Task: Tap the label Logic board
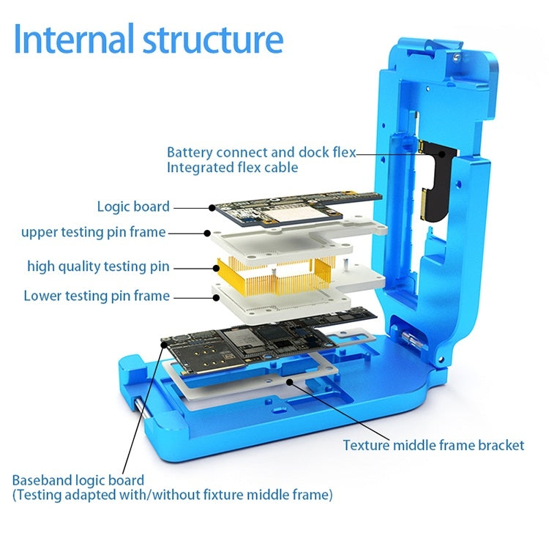133,207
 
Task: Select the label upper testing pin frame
93,233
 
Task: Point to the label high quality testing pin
98,266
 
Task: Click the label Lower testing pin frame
97,296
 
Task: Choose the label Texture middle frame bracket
433,445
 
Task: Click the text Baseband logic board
78,480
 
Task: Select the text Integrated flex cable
233,168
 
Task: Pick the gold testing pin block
264,274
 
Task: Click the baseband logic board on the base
242,344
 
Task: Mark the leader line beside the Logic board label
193,208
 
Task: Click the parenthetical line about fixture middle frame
172,496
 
